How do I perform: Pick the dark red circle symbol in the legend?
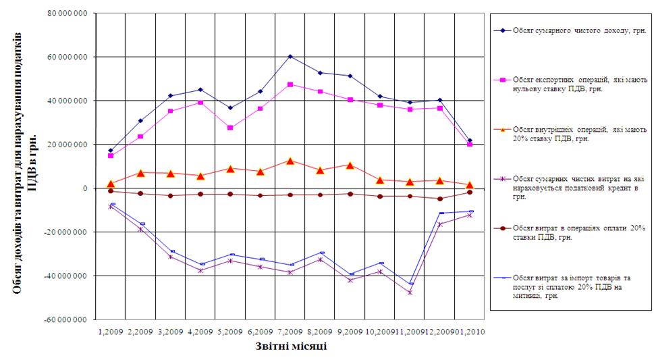pos(501,229)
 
